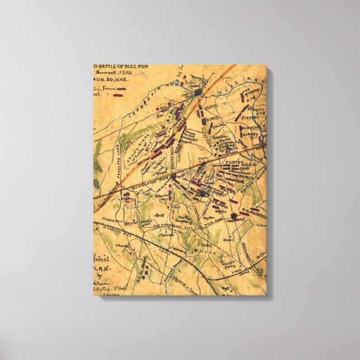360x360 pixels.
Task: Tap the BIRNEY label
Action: coord(250,134)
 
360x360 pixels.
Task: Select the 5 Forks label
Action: coord(196,244)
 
